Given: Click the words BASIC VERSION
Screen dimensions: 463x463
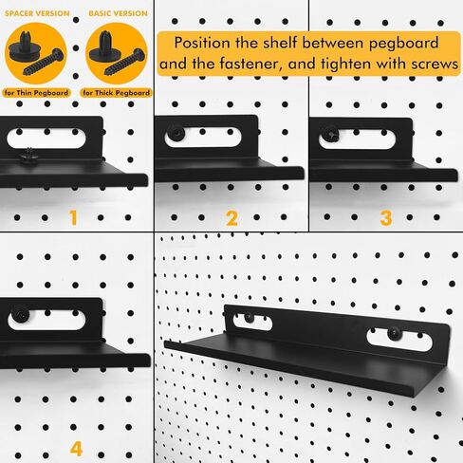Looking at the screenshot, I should click(x=117, y=14).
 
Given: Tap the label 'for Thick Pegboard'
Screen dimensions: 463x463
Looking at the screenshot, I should click(x=116, y=93).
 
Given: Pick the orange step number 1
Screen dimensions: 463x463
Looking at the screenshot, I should click(x=72, y=217).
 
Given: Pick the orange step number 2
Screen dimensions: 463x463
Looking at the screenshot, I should click(x=231, y=217).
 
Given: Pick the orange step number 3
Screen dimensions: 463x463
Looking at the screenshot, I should click(x=384, y=217).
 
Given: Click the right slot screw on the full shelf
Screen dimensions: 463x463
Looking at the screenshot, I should click(x=392, y=335).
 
